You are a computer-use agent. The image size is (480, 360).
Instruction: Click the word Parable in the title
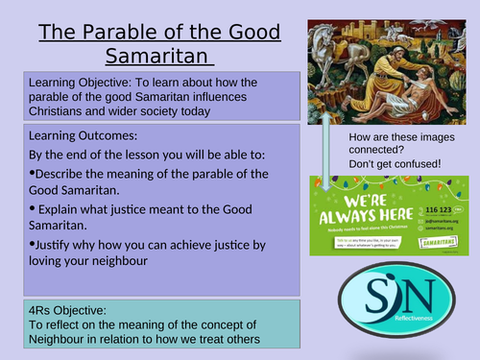tap(118, 32)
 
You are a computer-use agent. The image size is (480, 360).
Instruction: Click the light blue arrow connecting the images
tap(326, 144)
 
